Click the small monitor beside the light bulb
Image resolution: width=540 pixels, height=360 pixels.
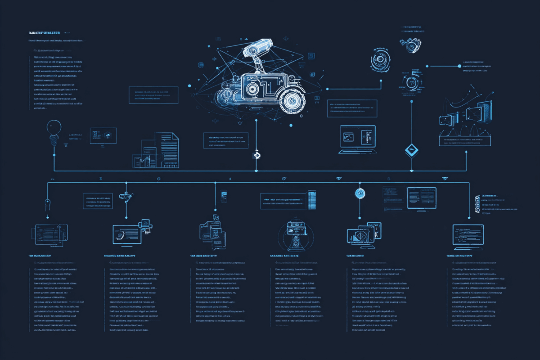[103, 135]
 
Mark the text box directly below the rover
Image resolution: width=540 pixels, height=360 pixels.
[225, 140]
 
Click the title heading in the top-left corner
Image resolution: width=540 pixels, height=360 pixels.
[44, 33]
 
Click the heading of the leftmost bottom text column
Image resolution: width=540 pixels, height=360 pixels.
[40, 256]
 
